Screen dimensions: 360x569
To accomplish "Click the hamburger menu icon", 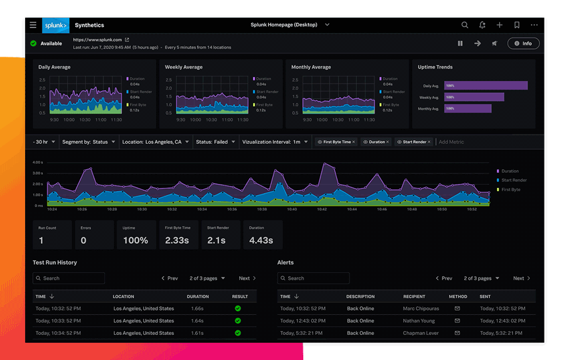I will (33, 25).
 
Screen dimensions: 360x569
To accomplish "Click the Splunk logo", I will (55, 25).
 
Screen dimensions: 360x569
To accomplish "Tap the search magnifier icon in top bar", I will (465, 25).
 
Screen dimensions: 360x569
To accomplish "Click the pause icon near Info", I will (460, 44).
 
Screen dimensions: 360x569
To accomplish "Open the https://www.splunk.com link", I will (98, 40).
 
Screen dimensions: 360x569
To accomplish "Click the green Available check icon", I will (33, 44).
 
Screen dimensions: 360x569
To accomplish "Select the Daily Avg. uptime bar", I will (486, 86).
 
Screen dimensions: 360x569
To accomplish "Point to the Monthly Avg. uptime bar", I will (467, 108).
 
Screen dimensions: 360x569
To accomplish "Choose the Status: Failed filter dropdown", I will (215, 142).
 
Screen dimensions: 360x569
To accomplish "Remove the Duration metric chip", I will (388, 142).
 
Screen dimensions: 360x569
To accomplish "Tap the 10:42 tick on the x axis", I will (322, 209).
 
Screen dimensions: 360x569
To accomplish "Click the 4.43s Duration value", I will (261, 240).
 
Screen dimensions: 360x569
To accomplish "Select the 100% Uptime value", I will (135, 240).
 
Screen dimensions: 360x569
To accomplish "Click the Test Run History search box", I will (69, 278).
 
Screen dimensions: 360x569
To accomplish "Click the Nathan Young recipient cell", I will (419, 321).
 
